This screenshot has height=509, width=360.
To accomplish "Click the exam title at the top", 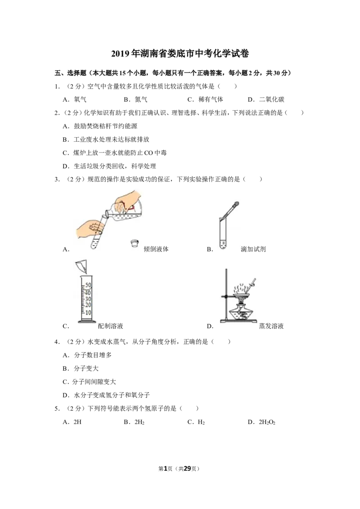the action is click(x=180, y=54).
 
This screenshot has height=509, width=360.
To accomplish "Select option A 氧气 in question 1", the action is click(x=74, y=100).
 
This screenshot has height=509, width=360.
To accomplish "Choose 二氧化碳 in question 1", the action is click(x=266, y=100).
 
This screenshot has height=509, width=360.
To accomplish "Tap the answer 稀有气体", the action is click(x=205, y=100).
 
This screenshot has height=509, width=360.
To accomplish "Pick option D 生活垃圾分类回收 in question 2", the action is click(x=109, y=166).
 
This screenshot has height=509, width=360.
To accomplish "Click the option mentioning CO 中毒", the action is click(x=114, y=153).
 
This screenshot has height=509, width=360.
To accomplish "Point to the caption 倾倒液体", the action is click(x=156, y=249).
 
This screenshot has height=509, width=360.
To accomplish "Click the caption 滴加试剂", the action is click(x=253, y=249).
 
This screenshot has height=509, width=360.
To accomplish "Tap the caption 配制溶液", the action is click(x=110, y=326).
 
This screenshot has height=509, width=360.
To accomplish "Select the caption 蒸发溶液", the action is click(x=271, y=326).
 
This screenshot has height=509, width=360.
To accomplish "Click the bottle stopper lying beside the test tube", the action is click(x=135, y=244).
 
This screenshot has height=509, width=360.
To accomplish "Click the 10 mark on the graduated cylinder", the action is click(x=88, y=313).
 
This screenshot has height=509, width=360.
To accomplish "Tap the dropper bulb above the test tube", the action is click(x=236, y=205).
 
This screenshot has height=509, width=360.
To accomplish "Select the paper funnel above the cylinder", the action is click(x=81, y=267).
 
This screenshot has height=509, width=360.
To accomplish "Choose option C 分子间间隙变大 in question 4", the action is click(x=89, y=382).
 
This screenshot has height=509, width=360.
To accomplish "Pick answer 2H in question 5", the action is click(x=72, y=422).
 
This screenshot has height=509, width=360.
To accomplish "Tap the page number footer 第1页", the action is click(x=166, y=469).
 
